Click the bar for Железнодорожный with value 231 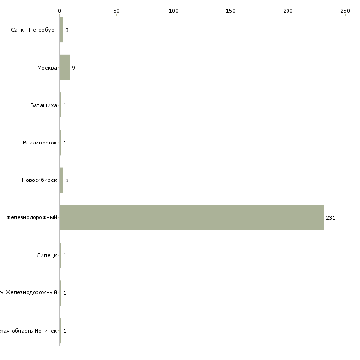coord(191,217)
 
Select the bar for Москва coord(65,68)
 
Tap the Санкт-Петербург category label coord(34,30)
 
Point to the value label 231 coord(330,218)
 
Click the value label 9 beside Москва coord(73,68)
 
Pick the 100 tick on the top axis coord(174,10)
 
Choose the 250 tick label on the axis coord(345,10)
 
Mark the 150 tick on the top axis coord(231,10)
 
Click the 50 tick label coord(116,10)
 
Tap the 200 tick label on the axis coord(288,10)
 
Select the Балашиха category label coord(43,105)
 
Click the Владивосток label coord(40,143)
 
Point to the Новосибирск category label coord(39,180)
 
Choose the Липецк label coord(47,255)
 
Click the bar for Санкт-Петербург coord(61,30)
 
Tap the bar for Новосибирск coord(61,180)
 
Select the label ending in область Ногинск coord(28,330)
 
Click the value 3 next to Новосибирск coord(67,180)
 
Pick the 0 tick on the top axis coord(60,10)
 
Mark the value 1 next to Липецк coord(65,255)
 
